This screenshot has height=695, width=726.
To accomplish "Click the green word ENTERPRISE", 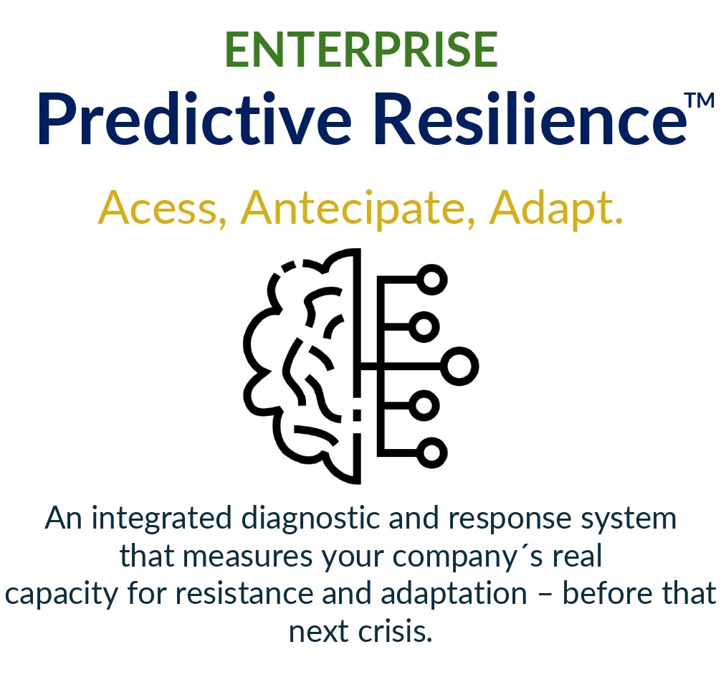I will (360, 49).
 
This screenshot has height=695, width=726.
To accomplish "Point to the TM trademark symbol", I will (699, 100).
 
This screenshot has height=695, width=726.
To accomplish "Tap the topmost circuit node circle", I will (432, 279).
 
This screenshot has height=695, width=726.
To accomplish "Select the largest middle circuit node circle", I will (459, 367).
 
